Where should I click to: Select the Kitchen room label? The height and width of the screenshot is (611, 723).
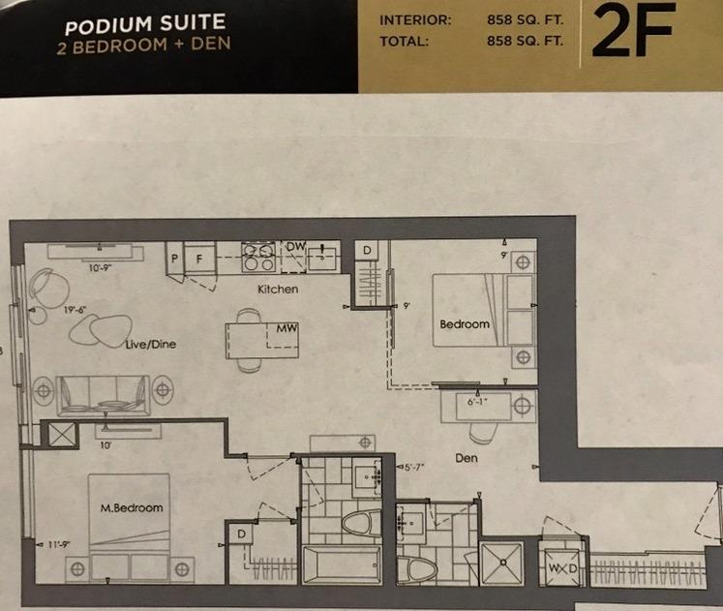point(278,290)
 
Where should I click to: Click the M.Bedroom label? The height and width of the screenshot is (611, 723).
point(132,507)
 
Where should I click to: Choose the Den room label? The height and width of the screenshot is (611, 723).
point(467,458)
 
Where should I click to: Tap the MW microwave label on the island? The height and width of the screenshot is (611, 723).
point(285,329)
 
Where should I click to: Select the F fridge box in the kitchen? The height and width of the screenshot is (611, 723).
point(198,260)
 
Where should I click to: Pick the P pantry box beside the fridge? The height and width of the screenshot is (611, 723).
point(174,260)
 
